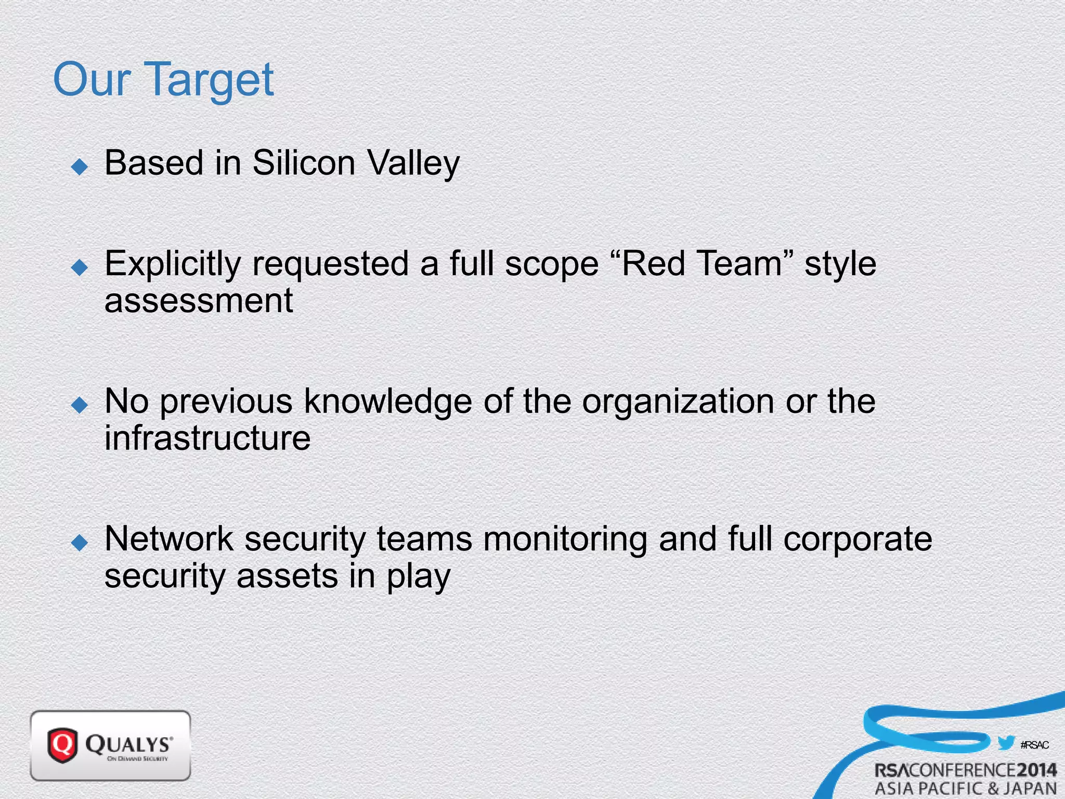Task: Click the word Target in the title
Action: [x=211, y=81]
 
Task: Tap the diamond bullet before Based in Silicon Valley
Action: [x=80, y=167]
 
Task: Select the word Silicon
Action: [x=304, y=163]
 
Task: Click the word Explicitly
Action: [x=173, y=264]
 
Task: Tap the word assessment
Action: [x=199, y=302]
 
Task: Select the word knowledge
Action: [x=387, y=402]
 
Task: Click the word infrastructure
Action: [x=207, y=438]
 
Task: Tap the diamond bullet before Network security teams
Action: [x=80, y=543]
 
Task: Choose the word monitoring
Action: [x=565, y=539]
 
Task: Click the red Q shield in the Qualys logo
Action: [x=62, y=745]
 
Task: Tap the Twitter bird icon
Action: [x=1006, y=743]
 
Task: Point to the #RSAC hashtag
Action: [x=1034, y=745]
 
